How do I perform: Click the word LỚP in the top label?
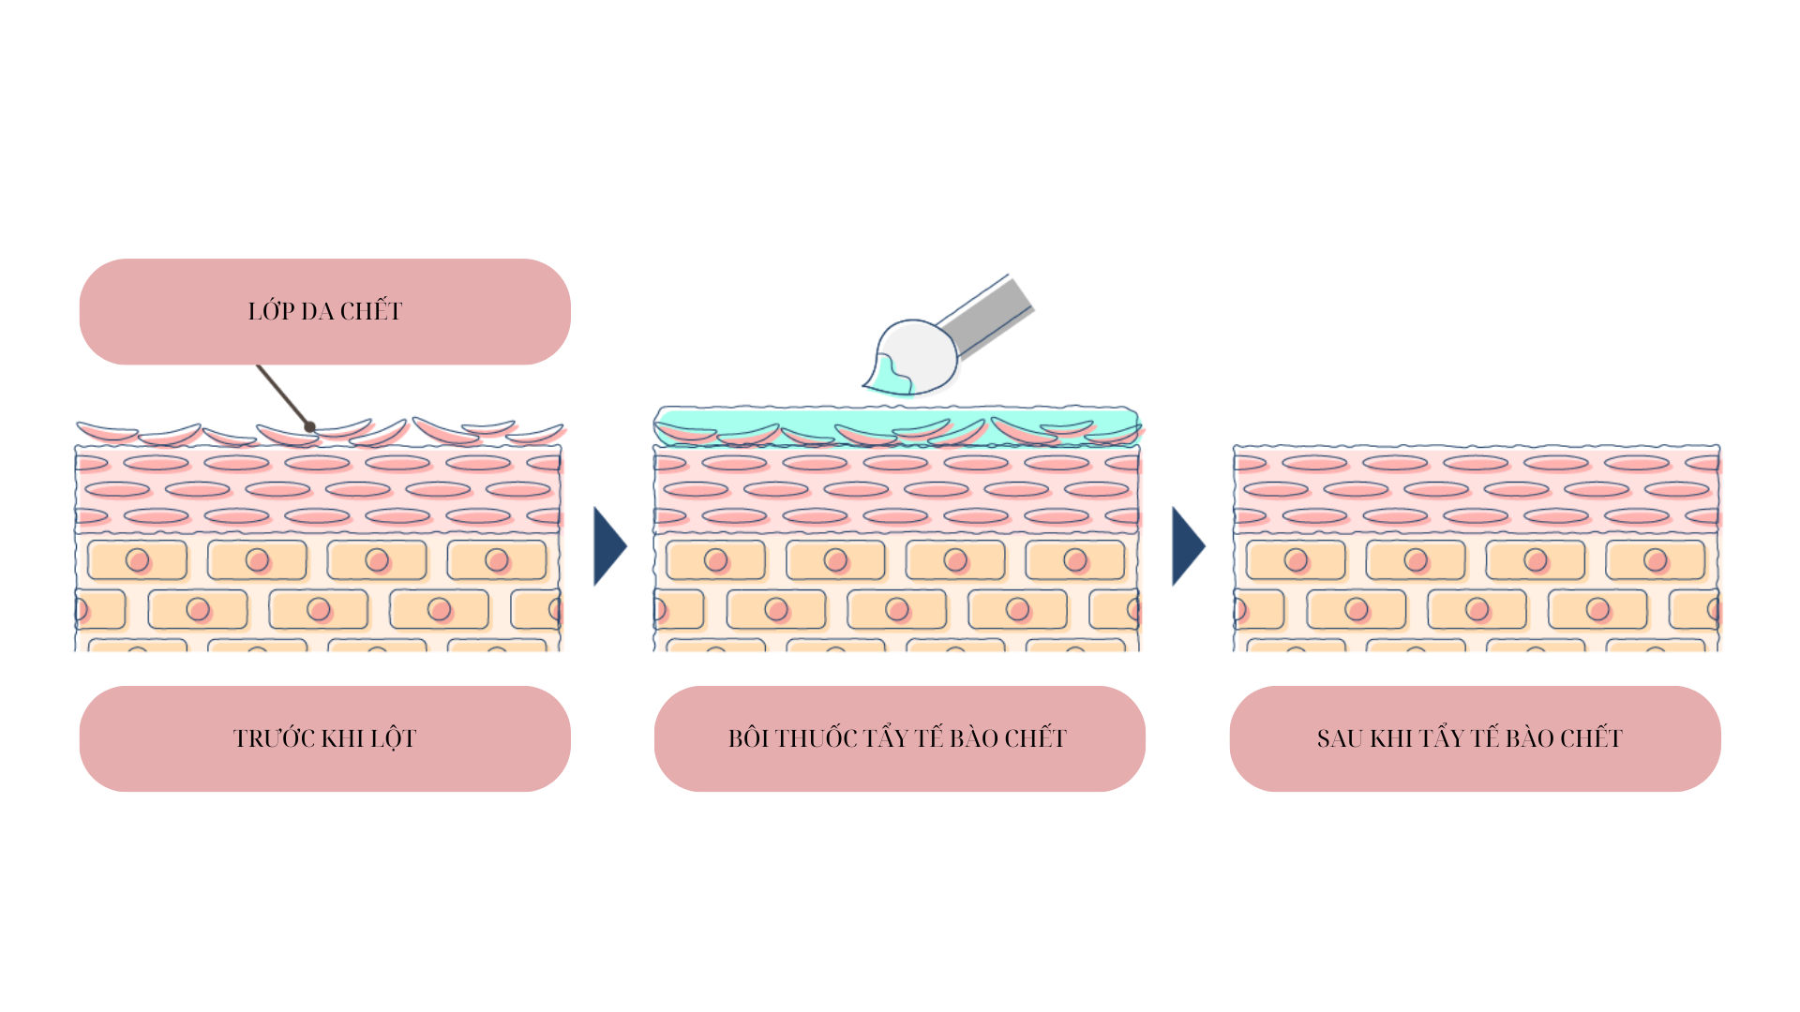pyautogui.click(x=271, y=310)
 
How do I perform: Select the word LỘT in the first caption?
pyautogui.click(x=394, y=738)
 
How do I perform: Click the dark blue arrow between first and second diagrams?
pyautogui.click(x=609, y=546)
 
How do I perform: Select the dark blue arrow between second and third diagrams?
pyautogui.click(x=1188, y=546)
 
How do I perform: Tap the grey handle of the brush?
pyautogui.click(x=984, y=317)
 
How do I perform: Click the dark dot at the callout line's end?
pyautogui.click(x=309, y=427)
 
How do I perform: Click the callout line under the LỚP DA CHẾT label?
pyautogui.click(x=283, y=395)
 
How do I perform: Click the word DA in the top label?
pyautogui.click(x=318, y=310)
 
